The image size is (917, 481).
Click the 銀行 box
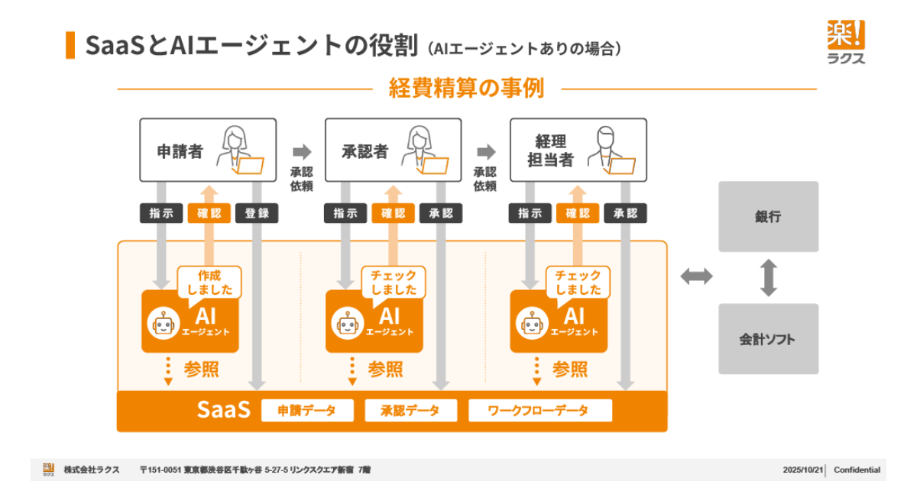pyautogui.click(x=768, y=216)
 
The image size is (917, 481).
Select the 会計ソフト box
pyautogui.click(x=768, y=339)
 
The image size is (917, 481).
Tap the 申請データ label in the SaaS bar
pyautogui.click(x=308, y=411)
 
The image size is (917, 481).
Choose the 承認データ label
pyautogui.click(x=410, y=411)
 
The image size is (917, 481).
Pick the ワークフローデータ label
pyautogui.click(x=540, y=411)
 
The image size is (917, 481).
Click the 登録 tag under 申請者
pyautogui.click(x=257, y=213)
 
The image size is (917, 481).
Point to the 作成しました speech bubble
pyautogui.click(x=209, y=282)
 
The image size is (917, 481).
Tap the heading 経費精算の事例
pyautogui.click(x=466, y=89)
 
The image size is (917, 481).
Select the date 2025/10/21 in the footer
pyautogui.click(x=802, y=470)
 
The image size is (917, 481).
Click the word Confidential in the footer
pyautogui.click(x=857, y=470)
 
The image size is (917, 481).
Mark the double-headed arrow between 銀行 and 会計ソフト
pyautogui.click(x=768, y=278)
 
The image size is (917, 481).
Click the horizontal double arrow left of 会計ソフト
pyautogui.click(x=695, y=276)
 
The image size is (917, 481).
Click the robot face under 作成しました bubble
pyautogui.click(x=162, y=323)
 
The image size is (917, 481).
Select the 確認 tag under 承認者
pyautogui.click(x=394, y=213)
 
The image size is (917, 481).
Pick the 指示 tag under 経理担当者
pyautogui.click(x=530, y=213)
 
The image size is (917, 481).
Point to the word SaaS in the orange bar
pyautogui.click(x=223, y=410)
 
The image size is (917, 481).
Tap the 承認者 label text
pyautogui.click(x=365, y=151)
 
